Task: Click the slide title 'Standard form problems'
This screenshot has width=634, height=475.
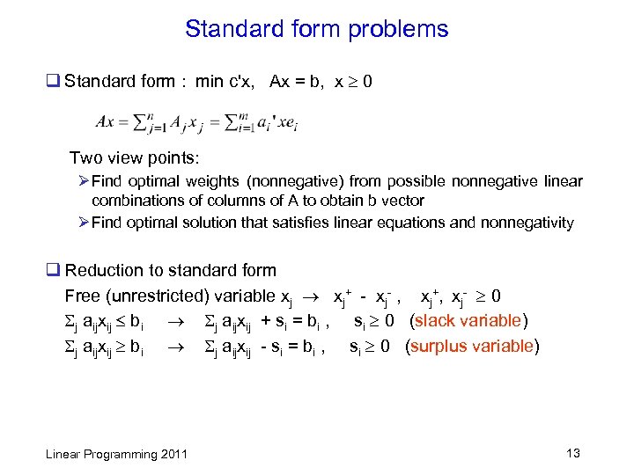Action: coord(316,29)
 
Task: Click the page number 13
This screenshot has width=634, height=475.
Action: coord(573,454)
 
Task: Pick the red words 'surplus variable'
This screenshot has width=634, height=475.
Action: coord(473,346)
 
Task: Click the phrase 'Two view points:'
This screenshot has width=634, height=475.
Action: coord(135,158)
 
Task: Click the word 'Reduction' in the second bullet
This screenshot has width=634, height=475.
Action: coord(102,271)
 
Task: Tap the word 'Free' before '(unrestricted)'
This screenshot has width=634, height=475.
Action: coord(81,296)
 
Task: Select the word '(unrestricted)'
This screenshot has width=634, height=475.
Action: coord(151,296)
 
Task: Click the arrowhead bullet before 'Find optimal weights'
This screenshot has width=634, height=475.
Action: coord(82,182)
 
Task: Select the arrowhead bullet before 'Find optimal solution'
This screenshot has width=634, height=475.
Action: coord(82,223)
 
